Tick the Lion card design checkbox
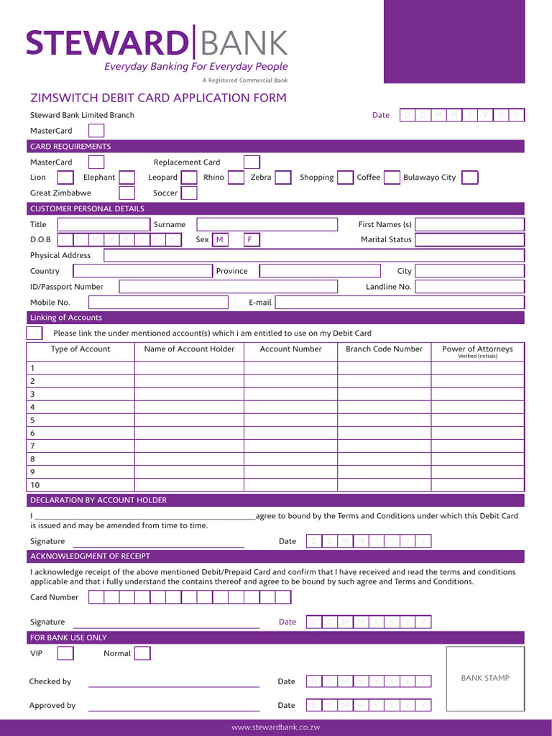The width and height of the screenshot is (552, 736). [x=65, y=178]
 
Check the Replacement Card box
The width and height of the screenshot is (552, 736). [x=252, y=162]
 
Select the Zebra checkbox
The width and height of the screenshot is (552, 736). [x=283, y=178]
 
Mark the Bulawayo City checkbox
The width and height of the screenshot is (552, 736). [x=469, y=178]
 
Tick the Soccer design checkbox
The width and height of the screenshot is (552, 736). [x=189, y=193]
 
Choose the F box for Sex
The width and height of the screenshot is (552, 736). [x=251, y=239]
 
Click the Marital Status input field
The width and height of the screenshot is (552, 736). [x=469, y=239]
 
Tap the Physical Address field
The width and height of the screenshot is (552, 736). [x=314, y=255]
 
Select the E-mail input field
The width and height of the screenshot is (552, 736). [x=400, y=303]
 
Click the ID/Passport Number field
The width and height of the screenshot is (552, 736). [x=228, y=287]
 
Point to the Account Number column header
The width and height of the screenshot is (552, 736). [x=290, y=349]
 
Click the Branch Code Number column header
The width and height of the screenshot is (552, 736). [x=384, y=349]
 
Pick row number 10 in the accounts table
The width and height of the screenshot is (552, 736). [x=35, y=485]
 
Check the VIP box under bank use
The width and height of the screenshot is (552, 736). [x=65, y=653]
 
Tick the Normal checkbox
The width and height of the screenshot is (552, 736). [x=142, y=653]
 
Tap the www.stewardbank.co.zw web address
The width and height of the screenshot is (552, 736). [x=275, y=727]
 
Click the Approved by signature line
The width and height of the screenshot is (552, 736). [x=173, y=706]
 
